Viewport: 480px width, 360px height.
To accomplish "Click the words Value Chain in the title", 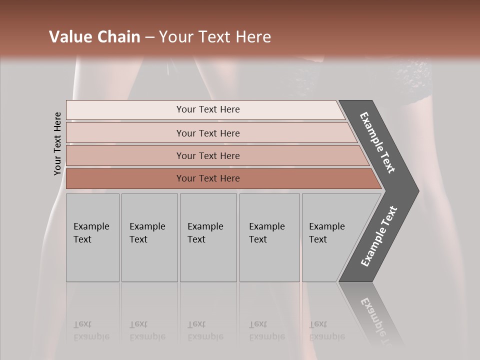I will (94, 37).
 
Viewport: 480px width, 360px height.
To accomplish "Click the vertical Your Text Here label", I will (57, 143).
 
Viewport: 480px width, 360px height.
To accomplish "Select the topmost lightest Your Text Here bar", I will (207, 109).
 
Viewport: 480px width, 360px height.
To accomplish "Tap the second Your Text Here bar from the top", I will (207, 133).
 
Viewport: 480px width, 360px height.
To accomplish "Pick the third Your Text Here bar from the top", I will (207, 155).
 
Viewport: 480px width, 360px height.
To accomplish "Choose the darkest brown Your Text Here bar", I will (207, 178).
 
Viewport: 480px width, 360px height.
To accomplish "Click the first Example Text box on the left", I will (92, 237).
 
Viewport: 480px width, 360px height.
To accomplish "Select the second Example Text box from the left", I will (149, 237).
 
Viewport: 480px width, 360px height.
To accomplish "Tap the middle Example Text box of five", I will (208, 237).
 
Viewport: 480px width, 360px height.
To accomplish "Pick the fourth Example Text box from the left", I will (269, 237).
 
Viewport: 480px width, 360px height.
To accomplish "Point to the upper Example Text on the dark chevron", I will (377, 142).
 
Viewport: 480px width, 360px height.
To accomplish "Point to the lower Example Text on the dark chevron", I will (379, 236).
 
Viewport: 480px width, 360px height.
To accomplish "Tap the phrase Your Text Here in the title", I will (215, 37).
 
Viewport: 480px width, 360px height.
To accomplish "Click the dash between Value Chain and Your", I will (149, 37).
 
